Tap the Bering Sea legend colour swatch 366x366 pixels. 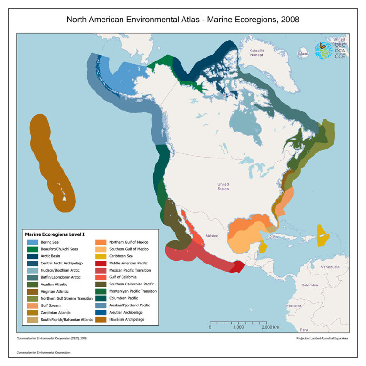tap(32, 242)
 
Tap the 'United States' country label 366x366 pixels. tap(223, 186)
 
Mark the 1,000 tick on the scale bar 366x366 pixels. tap(238, 327)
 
